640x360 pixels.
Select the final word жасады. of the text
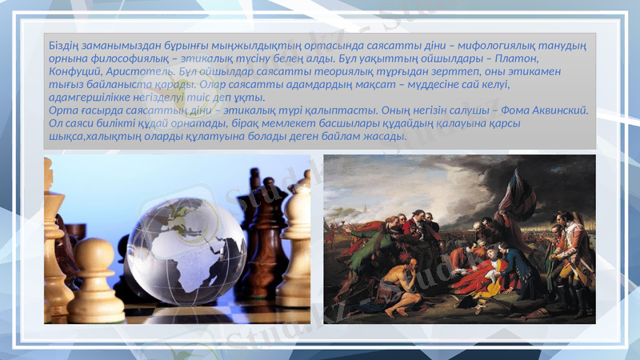click(387, 135)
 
